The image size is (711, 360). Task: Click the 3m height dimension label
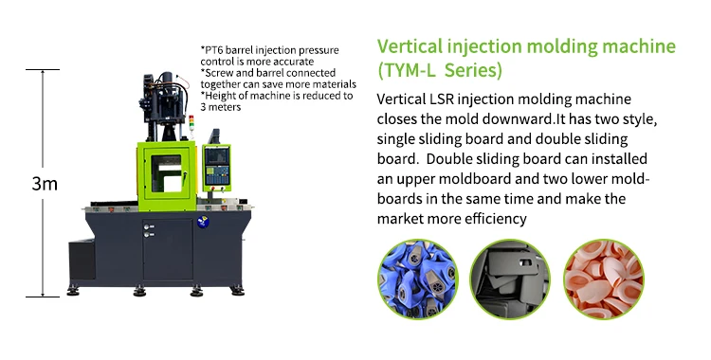45,183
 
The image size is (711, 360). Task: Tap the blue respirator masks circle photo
418,279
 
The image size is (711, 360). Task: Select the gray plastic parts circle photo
510,279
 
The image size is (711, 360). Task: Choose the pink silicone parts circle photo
604,279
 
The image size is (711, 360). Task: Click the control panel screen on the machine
216,156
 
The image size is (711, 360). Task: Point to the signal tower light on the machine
191,123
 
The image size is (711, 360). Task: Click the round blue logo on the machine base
203,222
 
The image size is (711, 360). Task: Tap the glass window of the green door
167,173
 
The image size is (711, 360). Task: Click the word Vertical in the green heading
410,46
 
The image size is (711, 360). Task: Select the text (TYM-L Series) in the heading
440,70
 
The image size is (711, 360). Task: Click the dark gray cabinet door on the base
168,250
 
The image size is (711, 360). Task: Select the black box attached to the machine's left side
82,260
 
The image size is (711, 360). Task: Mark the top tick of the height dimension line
43,69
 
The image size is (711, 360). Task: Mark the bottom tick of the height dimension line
43,297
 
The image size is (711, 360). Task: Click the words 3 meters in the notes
221,107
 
